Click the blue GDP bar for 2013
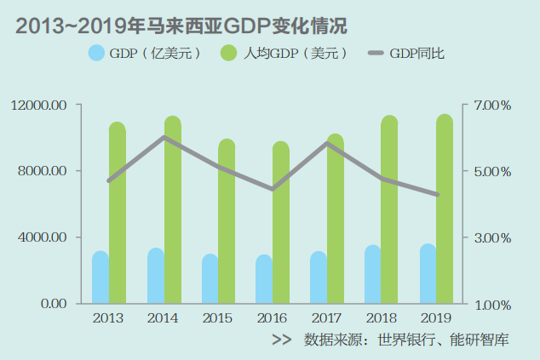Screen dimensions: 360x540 point(101,278)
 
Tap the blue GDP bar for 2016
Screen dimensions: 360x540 point(264,280)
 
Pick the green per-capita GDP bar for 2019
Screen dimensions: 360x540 point(445,209)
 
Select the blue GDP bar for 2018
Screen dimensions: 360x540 point(373,275)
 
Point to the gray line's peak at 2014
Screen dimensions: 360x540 point(164,137)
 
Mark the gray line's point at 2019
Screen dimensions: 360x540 point(437,195)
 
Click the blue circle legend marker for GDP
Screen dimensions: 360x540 point(96,53)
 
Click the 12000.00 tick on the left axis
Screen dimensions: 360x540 point(39,106)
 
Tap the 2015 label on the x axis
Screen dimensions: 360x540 point(218,318)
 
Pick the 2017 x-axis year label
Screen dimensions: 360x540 point(327,318)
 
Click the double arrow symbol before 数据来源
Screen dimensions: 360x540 point(281,340)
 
